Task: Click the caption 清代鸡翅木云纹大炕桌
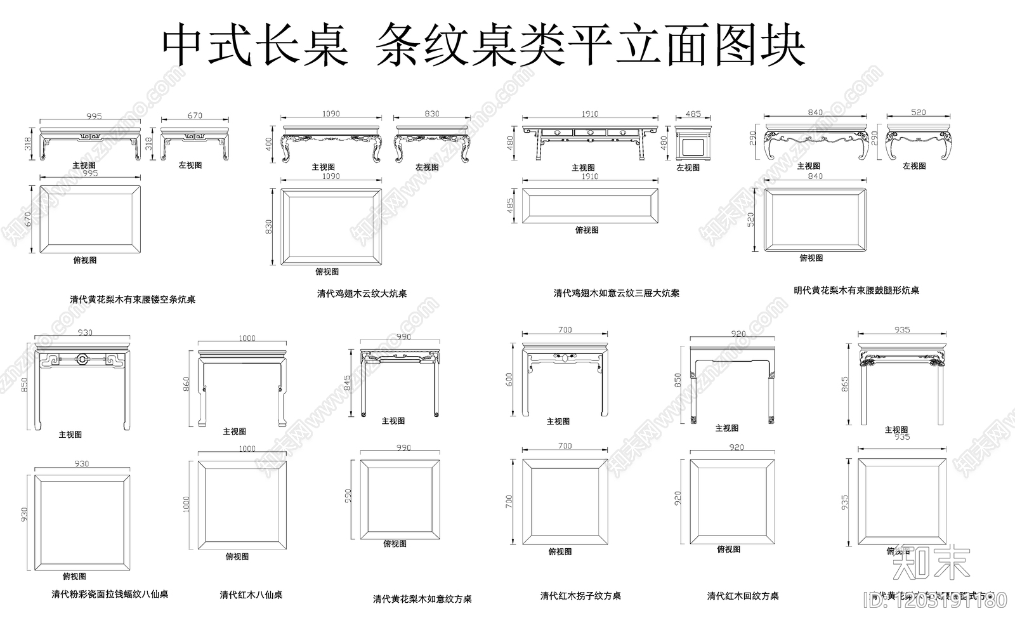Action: [362, 294]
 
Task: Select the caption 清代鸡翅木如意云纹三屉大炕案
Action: [616, 293]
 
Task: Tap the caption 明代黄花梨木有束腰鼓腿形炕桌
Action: [856, 291]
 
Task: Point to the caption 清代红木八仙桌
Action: [251, 595]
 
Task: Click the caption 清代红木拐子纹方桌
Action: [580, 596]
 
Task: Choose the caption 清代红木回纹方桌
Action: [742, 596]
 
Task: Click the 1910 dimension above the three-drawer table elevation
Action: [589, 114]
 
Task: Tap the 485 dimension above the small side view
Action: [693, 114]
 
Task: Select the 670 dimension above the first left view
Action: [195, 115]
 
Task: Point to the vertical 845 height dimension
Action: [346, 383]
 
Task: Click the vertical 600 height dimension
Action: [509, 379]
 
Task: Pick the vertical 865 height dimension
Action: [844, 384]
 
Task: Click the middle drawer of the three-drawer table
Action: [589, 133]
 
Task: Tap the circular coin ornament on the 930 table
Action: [82, 359]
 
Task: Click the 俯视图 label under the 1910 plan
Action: [587, 230]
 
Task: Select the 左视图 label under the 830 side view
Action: [427, 167]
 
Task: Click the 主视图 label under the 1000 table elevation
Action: [234, 431]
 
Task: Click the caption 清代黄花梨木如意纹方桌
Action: [422, 599]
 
